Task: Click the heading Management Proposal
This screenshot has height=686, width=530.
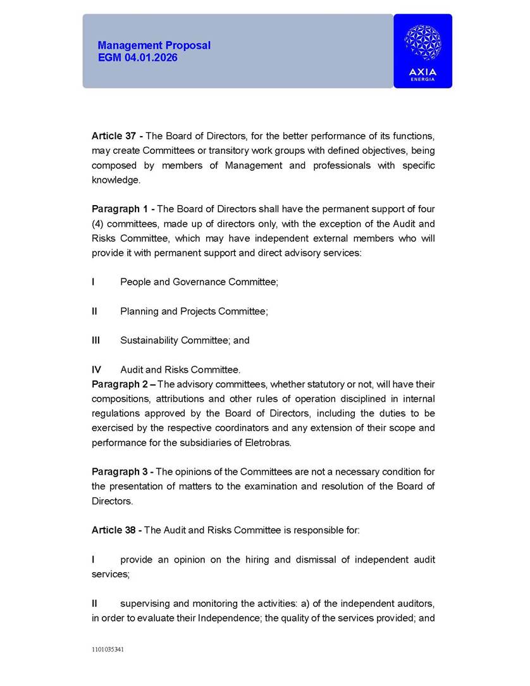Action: click(x=154, y=46)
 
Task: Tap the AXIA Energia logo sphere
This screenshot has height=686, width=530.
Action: click(x=422, y=42)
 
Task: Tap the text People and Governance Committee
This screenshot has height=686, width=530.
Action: click(x=199, y=282)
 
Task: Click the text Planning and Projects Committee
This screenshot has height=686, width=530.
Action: click(x=194, y=311)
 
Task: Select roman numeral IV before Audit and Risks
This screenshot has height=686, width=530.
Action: click(x=96, y=370)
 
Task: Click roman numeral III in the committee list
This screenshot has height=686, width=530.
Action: click(x=96, y=340)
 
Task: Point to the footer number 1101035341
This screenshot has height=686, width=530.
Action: click(x=108, y=649)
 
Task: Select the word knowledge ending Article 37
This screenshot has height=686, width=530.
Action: click(x=115, y=180)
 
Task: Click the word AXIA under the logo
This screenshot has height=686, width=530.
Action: click(x=422, y=72)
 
